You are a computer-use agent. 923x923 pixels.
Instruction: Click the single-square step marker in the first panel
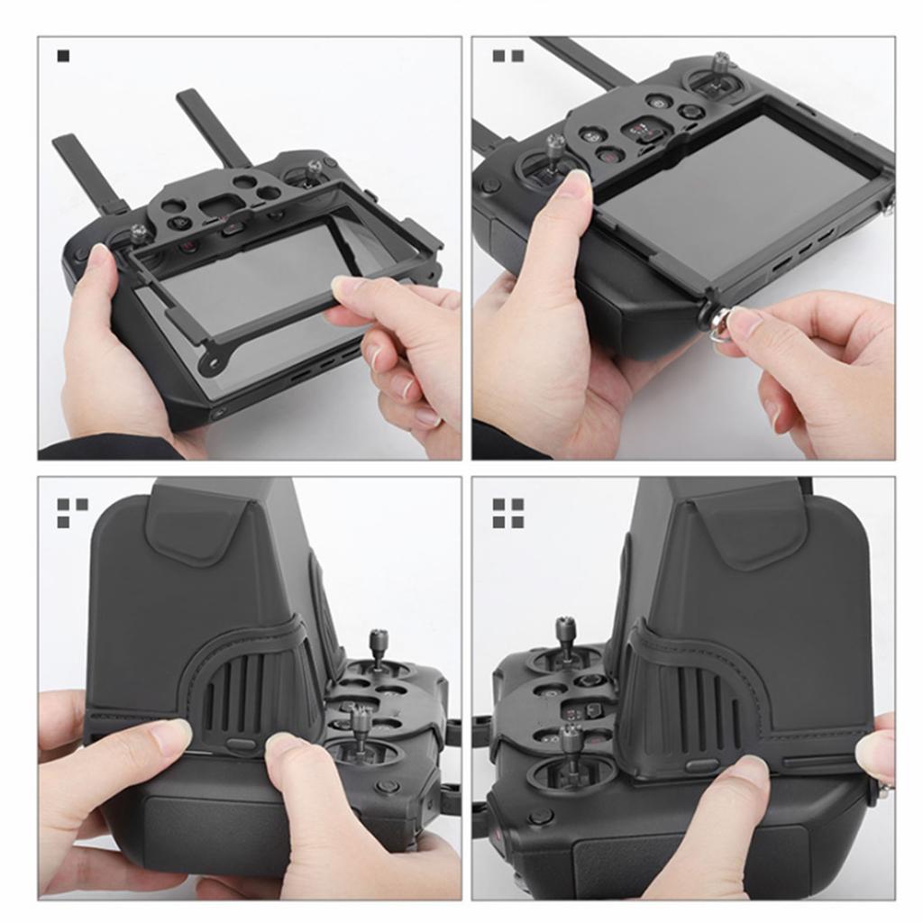63,56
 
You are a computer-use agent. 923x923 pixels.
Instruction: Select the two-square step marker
507,56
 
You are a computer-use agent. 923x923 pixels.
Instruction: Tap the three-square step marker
72,513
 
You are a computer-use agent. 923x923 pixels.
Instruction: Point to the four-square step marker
507,513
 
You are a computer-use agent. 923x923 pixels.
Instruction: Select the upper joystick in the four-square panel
565,636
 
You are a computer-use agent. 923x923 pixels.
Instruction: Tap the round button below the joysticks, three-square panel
388,786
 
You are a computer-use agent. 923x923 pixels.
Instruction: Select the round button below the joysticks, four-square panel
541,817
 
